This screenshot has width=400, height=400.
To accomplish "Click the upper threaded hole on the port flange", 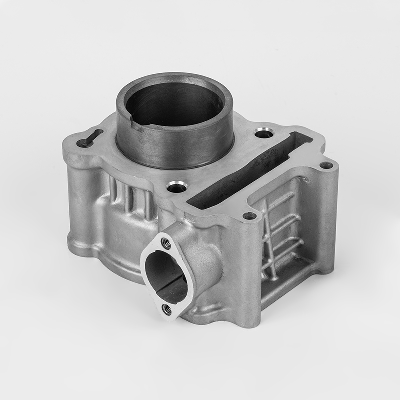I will tap(166, 243).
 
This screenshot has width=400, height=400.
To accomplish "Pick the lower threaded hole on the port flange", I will tap(167, 309).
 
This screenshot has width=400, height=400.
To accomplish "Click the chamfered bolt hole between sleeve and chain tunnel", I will tap(176, 189).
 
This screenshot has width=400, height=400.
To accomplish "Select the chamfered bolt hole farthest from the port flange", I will tap(263, 133).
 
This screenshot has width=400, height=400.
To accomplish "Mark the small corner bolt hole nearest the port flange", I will tap(249, 216).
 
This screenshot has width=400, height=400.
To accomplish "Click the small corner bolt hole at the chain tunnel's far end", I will tap(326, 165).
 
